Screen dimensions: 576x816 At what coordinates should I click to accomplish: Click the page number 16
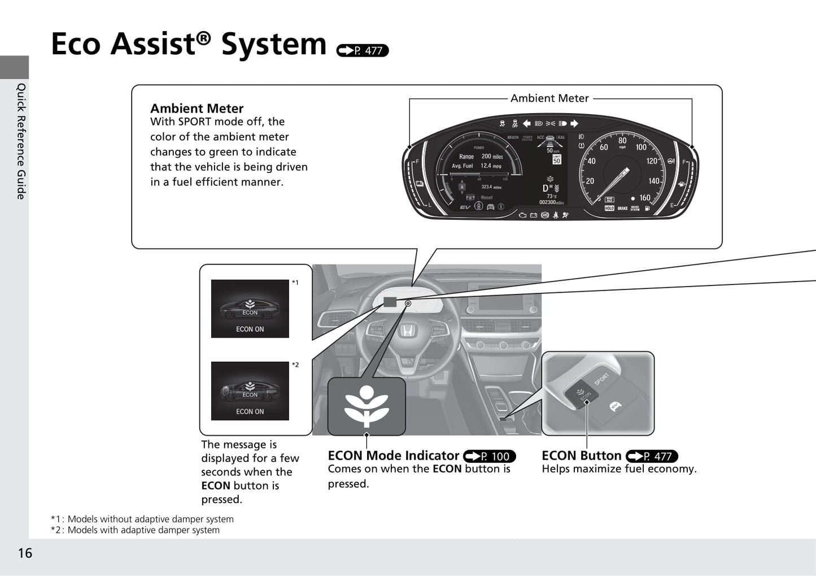point(25,553)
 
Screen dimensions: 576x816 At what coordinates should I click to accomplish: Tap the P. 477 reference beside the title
point(363,50)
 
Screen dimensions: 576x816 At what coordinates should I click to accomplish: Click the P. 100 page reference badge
point(489,456)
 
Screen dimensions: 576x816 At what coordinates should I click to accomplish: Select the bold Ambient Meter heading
point(197,109)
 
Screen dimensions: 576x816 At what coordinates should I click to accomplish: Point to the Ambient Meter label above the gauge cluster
point(549,98)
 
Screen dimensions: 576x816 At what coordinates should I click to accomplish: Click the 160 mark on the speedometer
point(645,198)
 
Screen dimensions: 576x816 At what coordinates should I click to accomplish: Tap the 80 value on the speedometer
point(622,141)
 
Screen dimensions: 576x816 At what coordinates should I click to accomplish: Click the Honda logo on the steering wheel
point(406,330)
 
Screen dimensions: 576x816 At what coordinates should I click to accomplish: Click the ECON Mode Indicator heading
point(394,456)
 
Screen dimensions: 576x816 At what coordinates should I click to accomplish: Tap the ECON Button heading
point(582,456)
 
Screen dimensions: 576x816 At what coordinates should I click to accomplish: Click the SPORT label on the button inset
point(601,378)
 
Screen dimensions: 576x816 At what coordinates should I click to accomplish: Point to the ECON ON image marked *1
point(250,309)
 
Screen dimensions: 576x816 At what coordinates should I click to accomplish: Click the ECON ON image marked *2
point(250,391)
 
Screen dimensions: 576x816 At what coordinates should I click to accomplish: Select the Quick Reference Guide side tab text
point(21,141)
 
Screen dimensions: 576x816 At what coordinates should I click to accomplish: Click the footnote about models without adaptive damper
point(142,519)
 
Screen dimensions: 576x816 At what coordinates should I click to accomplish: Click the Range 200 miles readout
point(481,157)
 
